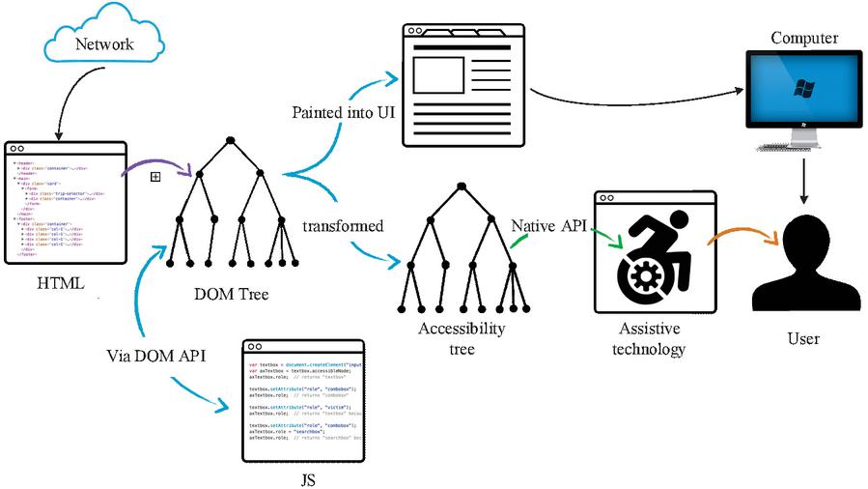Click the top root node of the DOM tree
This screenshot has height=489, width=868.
click(x=231, y=142)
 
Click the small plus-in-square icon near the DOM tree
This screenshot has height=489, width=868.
click(x=154, y=176)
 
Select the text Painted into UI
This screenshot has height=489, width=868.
click(x=340, y=112)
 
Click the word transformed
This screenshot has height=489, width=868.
click(x=343, y=226)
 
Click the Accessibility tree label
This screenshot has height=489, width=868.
click(x=462, y=338)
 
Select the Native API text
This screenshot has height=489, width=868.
click(x=548, y=225)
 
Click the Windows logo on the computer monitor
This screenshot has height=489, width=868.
click(x=800, y=89)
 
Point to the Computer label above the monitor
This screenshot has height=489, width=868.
click(x=803, y=39)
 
